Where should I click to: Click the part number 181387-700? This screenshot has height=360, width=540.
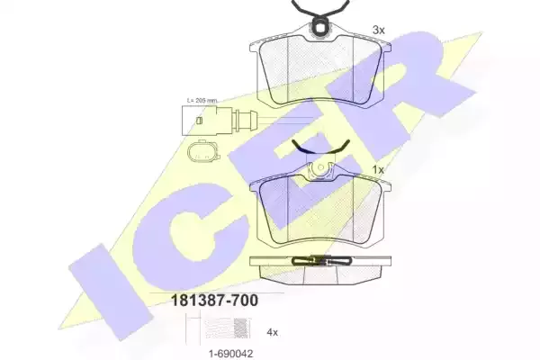pos(214,301)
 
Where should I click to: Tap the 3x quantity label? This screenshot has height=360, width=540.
pos(379,31)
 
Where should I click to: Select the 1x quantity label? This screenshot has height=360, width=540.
pos(378,170)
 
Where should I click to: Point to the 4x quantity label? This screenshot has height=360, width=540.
pos(273,332)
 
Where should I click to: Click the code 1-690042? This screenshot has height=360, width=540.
pos(230,354)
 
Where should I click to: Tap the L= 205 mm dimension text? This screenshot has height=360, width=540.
pos(202,101)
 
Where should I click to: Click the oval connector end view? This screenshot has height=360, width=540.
pos(203,151)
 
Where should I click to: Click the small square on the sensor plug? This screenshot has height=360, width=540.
pos(198,121)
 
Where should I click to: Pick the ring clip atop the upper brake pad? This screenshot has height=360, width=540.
pos(319,27)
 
